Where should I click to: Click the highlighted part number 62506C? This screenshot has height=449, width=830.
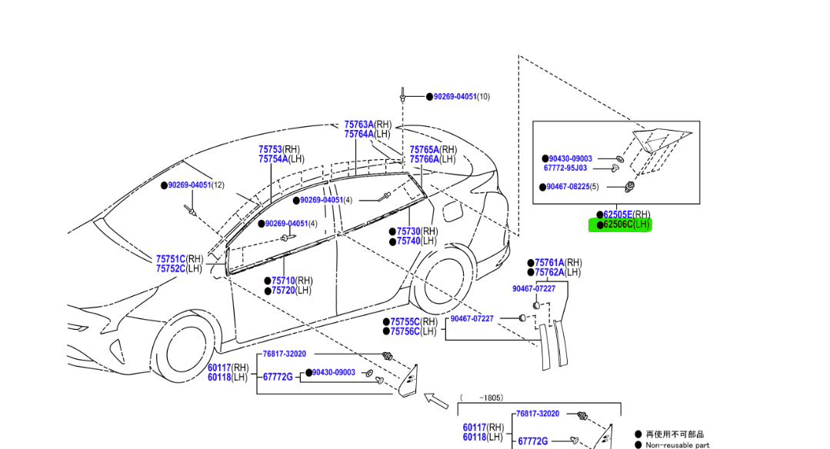coord(618,224)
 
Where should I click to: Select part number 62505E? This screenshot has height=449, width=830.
coord(618,215)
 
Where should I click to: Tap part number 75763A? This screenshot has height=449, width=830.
coord(359,125)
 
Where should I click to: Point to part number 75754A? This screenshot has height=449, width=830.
coord(273,159)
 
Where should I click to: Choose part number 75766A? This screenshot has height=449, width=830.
coord(425,159)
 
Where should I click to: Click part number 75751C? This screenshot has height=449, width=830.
coord(171,259)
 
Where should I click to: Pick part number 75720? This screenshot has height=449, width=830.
coord(283,291)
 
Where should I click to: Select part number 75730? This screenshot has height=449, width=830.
coord(408,231)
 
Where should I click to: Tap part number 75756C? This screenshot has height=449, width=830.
coord(405,331)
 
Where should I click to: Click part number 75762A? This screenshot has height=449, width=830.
coord(549,272)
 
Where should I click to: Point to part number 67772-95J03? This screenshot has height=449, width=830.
coord(565,168)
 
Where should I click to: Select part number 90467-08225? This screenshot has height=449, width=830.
coord(568,187)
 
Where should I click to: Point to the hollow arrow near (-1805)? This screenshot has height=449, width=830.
coord(436,401)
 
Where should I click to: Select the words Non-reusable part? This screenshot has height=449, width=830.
coord(677,445)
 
